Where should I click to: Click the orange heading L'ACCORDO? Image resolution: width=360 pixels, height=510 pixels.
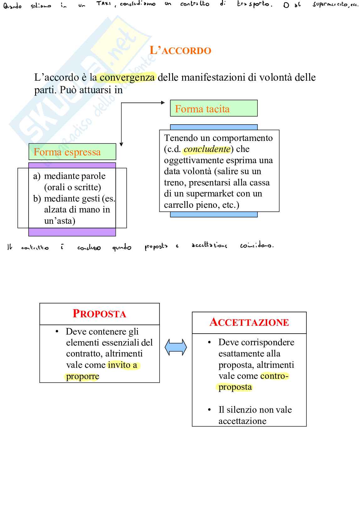(x=180, y=51)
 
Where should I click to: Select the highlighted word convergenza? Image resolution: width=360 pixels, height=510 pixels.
(x=127, y=77)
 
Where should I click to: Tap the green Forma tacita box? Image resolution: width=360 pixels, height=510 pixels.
(x=214, y=109)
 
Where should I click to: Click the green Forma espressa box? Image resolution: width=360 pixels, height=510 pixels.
(x=72, y=152)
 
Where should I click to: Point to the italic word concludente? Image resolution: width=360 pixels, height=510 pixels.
(x=207, y=149)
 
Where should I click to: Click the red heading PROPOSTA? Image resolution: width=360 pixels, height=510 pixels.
(x=99, y=314)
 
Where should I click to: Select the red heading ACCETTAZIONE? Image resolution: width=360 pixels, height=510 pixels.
(x=249, y=322)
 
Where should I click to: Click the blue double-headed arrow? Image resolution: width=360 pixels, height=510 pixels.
(x=176, y=347)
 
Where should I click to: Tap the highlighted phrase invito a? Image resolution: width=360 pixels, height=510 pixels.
(x=123, y=365)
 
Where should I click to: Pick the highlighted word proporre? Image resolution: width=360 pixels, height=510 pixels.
(x=82, y=376)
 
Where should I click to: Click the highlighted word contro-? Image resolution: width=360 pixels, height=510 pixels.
(x=274, y=376)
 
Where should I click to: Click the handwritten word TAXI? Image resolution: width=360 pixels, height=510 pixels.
(x=104, y=4)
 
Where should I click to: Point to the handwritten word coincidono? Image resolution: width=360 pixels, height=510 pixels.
(x=257, y=245)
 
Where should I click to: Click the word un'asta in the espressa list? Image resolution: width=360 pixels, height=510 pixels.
(x=60, y=221)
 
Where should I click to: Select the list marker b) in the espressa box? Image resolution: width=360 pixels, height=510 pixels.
(x=37, y=199)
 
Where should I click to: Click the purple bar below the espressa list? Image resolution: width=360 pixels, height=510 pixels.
(x=72, y=232)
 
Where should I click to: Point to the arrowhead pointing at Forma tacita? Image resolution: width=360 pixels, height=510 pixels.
(x=163, y=103)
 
